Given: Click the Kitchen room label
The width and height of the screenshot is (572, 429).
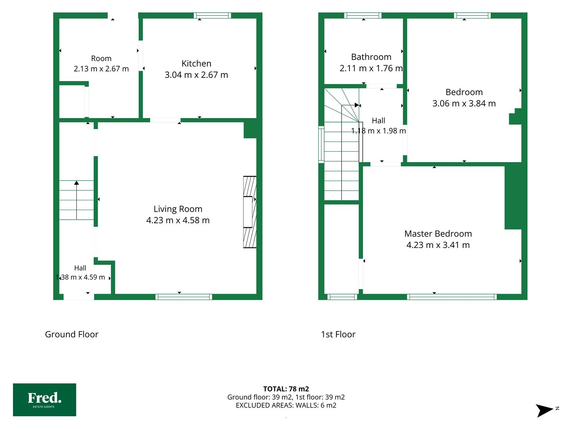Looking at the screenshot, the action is point(196,64).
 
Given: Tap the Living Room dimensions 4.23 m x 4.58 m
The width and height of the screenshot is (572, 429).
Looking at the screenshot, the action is point(178,220).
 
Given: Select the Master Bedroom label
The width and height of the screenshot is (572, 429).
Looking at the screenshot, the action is point(438,234).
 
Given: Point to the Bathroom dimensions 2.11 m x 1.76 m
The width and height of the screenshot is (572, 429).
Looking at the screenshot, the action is point(371,68).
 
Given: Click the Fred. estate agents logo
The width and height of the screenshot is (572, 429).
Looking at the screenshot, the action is point(44,400).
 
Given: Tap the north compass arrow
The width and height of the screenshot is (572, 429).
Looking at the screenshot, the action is point(544,410).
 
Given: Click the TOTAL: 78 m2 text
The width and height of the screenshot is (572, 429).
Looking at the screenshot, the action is point(286,389).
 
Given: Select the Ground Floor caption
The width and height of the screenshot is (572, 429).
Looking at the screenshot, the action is point(71,334).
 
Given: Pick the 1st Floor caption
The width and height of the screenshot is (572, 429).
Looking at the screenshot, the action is point(338,334).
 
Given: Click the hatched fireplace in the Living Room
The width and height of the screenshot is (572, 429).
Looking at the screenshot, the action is point(249,212).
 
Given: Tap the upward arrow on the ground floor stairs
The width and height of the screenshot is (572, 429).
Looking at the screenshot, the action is point(76,200).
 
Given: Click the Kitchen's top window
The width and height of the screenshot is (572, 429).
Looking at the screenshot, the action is point(212,15).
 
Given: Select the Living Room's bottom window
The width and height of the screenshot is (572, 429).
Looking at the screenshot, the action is point(184,297).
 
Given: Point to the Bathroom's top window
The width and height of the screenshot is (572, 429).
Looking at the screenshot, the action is point(363,15).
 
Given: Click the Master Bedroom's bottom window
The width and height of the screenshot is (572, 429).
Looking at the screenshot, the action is point(452,297).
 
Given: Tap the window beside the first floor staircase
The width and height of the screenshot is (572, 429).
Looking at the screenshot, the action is point(321,145).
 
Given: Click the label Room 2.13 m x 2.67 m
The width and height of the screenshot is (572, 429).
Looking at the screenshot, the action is point(101,64).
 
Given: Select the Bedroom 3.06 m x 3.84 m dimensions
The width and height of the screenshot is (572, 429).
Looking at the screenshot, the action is point(464,103).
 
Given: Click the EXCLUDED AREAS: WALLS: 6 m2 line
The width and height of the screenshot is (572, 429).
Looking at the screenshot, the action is point(286,405).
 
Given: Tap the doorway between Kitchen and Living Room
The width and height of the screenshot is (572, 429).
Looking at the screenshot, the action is point(165,120).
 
